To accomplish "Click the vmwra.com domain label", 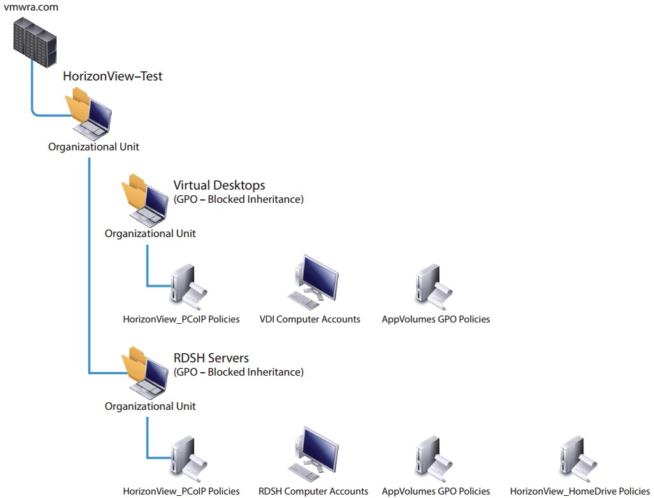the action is (31, 7).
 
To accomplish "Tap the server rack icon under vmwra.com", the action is (35, 42).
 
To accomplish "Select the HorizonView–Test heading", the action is (112, 76).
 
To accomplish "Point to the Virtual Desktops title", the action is (219, 185).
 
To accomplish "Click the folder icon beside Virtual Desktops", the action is (145, 200).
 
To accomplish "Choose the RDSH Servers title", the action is (211, 357).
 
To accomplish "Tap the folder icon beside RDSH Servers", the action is (145, 373).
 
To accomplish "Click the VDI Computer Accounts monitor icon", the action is (313, 282).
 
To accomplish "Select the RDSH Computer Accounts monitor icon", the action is (313, 455).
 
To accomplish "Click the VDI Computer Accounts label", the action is (310, 320).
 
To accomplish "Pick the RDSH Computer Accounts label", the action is (313, 491).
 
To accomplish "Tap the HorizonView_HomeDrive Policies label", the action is (580, 491).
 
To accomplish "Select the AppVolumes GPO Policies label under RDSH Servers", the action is (436, 491).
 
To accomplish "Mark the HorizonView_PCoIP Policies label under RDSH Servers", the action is (181, 491).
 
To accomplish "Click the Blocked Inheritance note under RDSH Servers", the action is (238, 372).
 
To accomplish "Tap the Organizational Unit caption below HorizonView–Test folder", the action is (94, 147).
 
